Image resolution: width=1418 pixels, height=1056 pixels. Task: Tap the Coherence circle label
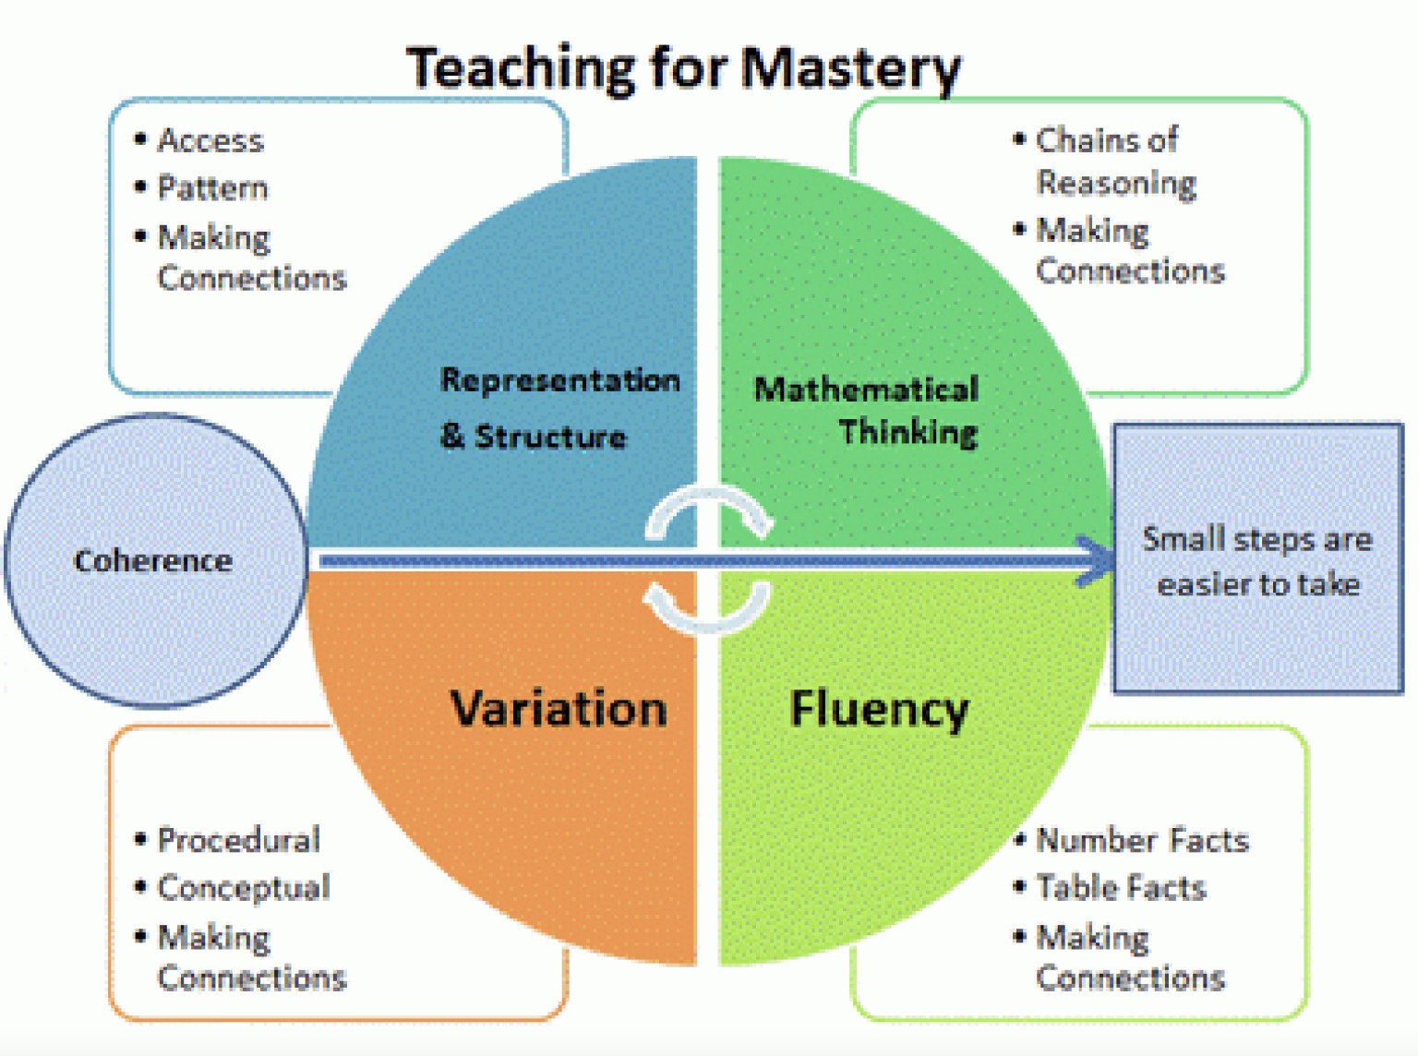(153, 560)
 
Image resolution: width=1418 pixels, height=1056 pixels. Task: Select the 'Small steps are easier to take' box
(1257, 560)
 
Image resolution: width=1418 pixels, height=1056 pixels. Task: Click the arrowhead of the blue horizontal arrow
(1099, 560)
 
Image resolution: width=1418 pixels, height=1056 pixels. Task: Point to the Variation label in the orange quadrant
(559, 709)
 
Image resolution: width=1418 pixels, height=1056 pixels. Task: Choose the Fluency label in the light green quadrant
(879, 709)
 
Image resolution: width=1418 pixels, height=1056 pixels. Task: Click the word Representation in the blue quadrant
(559, 379)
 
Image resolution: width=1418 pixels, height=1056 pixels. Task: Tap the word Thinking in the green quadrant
(908, 431)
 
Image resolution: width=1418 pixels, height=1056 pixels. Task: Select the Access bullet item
(210, 140)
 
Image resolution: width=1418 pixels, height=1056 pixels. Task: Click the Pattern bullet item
(212, 188)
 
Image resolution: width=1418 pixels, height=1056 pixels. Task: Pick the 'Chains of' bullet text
(1106, 140)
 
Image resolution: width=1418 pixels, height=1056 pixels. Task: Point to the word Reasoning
(1116, 183)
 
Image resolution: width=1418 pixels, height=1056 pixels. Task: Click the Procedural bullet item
(238, 840)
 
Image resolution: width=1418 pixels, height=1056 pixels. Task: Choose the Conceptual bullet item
(244, 888)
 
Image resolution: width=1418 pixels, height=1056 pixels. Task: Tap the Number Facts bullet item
(1142, 840)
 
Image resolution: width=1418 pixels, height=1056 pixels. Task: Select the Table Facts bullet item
(1121, 888)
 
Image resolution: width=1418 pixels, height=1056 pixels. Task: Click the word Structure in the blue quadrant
(550, 436)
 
